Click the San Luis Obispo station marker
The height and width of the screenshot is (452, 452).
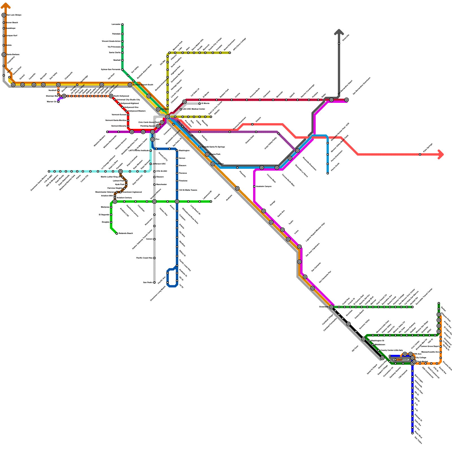[x=4, y=15]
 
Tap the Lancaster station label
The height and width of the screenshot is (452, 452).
[x=116, y=24]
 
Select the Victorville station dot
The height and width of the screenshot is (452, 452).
[x=339, y=43]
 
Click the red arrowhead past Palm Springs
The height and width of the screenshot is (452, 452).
[x=441, y=155]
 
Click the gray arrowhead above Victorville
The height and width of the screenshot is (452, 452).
[x=339, y=32]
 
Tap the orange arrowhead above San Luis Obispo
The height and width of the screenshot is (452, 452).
[x=5, y=6]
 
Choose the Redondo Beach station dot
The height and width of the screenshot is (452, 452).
[x=117, y=233]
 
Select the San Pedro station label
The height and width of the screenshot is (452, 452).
[x=148, y=282]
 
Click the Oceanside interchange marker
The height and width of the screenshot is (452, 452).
[x=331, y=307]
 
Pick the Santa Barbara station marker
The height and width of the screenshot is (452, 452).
[x=4, y=55]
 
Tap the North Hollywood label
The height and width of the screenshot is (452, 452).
[x=121, y=96]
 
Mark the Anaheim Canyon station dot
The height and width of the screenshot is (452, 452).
[x=254, y=186]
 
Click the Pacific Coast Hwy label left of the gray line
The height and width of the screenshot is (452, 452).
[x=144, y=258]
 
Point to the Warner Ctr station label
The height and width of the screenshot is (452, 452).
[x=52, y=102]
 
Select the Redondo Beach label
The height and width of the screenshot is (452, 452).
[x=126, y=233]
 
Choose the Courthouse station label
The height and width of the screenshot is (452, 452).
[x=403, y=360]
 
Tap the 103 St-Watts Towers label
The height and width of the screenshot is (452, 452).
[x=188, y=190]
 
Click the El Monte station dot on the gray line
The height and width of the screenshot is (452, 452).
[x=199, y=103]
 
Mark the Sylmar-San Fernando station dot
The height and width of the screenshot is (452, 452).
[x=122, y=69]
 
